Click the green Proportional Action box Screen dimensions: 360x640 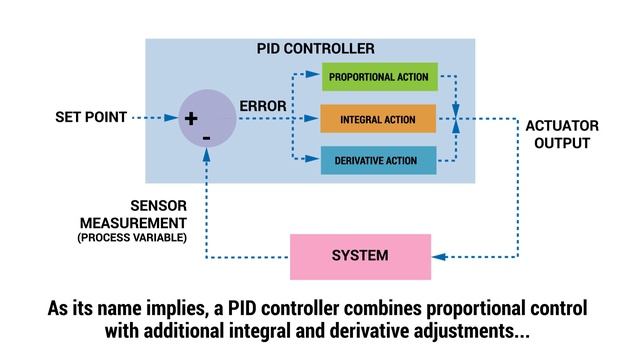(x=380, y=77)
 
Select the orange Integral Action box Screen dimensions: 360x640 (x=380, y=118)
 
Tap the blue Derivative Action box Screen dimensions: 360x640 (x=380, y=160)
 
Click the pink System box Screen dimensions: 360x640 (x=360, y=256)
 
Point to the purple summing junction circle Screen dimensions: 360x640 (x=206, y=119)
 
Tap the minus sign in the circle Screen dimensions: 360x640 (x=206, y=138)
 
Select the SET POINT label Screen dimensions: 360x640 (x=91, y=118)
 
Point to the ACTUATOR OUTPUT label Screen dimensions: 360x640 (x=562, y=134)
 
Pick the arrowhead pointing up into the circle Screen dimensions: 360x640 (x=206, y=154)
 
